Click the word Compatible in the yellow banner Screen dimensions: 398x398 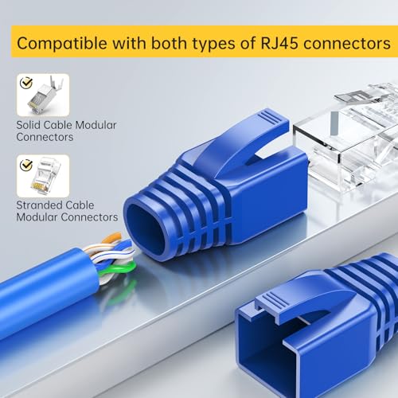(62, 43)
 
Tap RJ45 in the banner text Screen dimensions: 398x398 (279, 43)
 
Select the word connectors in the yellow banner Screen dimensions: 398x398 (347, 44)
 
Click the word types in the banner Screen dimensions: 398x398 (214, 44)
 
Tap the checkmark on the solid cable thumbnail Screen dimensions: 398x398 (26, 83)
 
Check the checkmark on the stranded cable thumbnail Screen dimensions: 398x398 (26, 165)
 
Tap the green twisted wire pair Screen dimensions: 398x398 (121, 268)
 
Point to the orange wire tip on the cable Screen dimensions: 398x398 (113, 237)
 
